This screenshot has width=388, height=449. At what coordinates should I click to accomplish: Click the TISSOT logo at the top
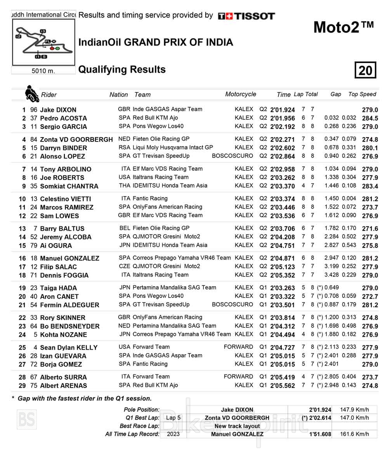pyautogui.click(x=246, y=16)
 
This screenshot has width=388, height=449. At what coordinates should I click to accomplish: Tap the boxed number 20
pyautogui.click(x=365, y=70)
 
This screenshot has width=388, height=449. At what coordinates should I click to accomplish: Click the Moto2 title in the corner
pyautogui.click(x=343, y=27)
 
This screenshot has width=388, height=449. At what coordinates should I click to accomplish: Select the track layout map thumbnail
pyautogui.click(x=43, y=42)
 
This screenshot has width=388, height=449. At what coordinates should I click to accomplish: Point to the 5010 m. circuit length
pyautogui.click(x=43, y=71)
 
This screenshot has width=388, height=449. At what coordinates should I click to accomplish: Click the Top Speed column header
pyautogui.click(x=362, y=94)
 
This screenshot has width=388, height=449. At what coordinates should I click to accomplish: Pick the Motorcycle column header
pyautogui.click(x=241, y=94)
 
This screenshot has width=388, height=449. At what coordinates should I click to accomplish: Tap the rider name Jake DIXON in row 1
pyautogui.click(x=58, y=110)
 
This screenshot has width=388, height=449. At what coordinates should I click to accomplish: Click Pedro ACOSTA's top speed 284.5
pyautogui.click(x=370, y=118)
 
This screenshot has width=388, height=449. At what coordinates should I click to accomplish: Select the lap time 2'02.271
pyautogui.click(x=282, y=139)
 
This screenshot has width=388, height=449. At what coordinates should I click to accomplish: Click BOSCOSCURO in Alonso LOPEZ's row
pyautogui.click(x=232, y=156)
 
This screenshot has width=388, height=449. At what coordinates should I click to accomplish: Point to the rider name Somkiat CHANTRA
pyautogui.click(x=69, y=186)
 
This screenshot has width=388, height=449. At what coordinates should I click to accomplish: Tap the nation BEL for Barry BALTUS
pyautogui.click(x=125, y=228)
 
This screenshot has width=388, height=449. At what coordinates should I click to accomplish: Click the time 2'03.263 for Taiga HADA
pyautogui.click(x=282, y=288)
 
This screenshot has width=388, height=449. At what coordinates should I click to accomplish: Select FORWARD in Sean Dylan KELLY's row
pyautogui.click(x=238, y=347)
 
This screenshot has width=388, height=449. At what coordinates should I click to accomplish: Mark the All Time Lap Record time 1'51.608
pyautogui.click(x=320, y=434)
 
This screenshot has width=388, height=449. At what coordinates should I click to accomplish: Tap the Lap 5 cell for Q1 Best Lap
pyautogui.click(x=173, y=418)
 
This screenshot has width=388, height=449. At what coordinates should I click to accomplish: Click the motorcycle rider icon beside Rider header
pyautogui.click(x=31, y=94)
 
